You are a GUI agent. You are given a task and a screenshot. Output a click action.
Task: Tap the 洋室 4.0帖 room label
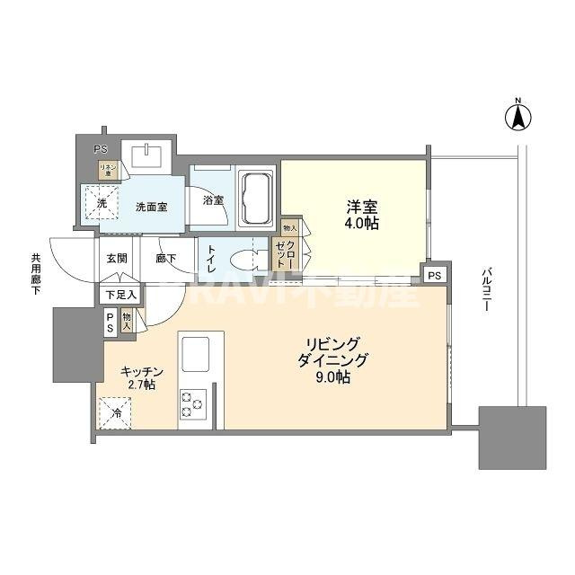coord(363,215)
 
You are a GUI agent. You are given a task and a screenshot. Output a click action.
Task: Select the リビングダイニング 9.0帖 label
coord(333,360)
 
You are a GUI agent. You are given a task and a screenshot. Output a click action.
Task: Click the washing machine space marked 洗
coord(101,203)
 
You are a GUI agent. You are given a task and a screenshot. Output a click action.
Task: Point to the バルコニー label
coord(485,288)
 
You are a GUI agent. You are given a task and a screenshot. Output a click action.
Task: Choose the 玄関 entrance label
coord(117,258)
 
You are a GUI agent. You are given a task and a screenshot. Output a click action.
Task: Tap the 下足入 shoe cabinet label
coord(119,294)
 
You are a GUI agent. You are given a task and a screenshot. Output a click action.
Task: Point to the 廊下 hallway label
coord(166,258)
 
